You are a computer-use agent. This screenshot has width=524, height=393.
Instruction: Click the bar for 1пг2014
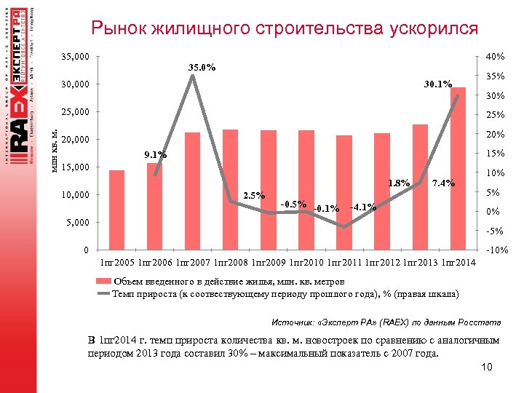coord(458,169)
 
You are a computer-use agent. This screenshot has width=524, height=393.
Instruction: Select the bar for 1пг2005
coord(116,210)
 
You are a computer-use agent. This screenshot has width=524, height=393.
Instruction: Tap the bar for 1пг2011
coord(344,193)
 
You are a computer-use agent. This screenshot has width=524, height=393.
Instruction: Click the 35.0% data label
coord(202,68)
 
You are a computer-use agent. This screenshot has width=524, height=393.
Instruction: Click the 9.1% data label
coord(155,154)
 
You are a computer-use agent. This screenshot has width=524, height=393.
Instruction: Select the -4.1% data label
coord(362,207)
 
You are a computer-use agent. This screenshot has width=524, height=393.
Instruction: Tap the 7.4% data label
coord(443,183)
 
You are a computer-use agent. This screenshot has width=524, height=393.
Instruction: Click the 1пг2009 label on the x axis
coord(269,262)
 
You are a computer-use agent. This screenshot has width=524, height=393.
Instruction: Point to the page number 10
coord(487,368)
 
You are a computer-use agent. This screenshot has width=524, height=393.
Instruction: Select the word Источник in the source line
coord(294,321)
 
